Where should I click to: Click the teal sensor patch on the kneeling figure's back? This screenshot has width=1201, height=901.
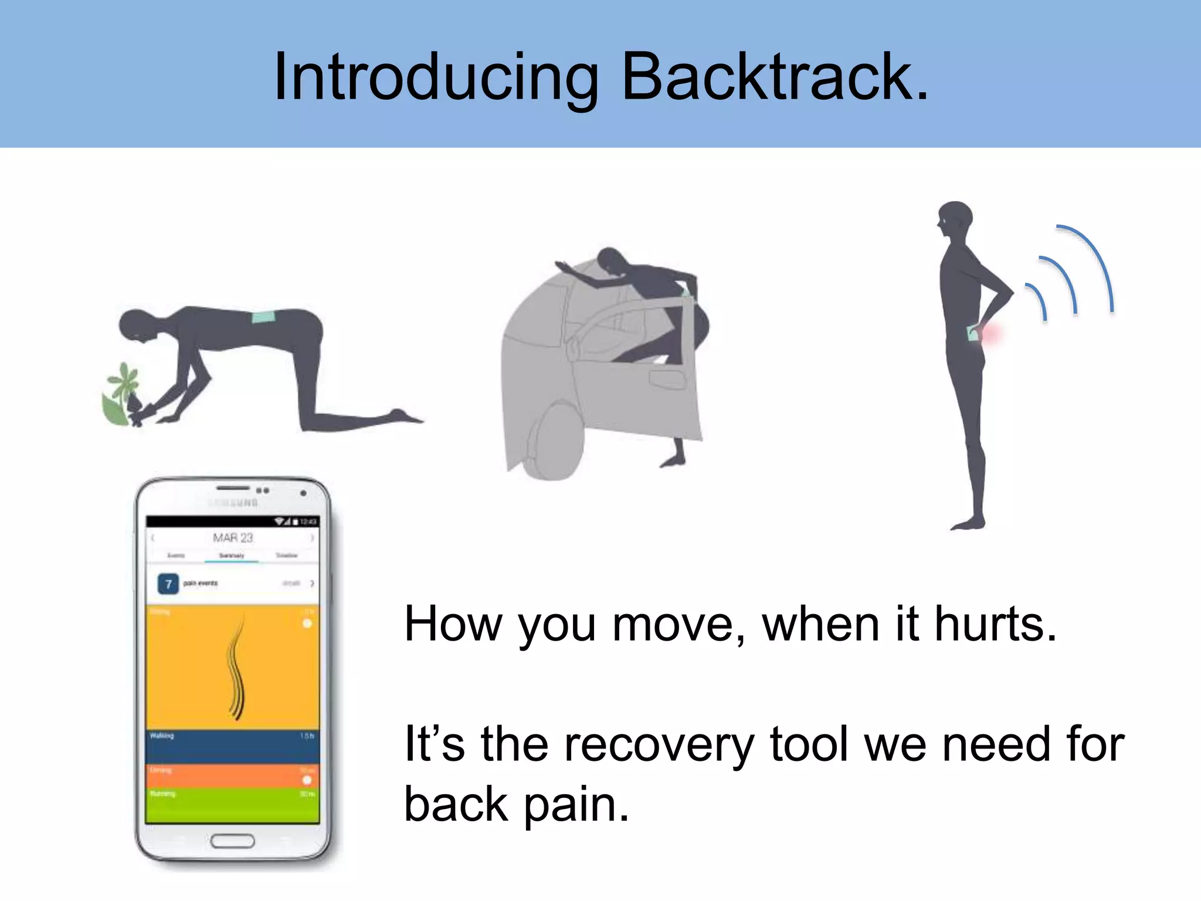pos(263,317)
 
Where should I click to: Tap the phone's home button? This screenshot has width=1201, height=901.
pos(233,841)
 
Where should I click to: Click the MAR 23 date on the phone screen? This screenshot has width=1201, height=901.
pos(233,538)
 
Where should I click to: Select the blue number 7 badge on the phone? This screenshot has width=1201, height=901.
pos(168,584)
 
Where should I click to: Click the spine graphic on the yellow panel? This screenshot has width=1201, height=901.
pos(236,669)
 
